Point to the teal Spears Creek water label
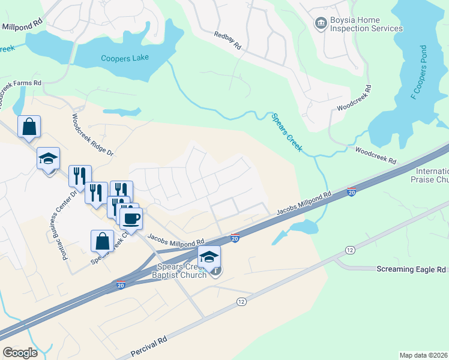[285, 133]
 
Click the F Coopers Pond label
[418, 72]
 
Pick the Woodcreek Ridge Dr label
[92, 136]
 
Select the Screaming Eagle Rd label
[411, 269]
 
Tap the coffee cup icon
[131, 218]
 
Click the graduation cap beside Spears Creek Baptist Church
[209, 256]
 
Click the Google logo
[20, 353]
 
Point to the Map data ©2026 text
[423, 355]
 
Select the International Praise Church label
[430, 175]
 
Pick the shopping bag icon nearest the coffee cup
[102, 241]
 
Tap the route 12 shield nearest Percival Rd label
[241, 301]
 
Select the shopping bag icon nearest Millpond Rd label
[29, 127]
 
